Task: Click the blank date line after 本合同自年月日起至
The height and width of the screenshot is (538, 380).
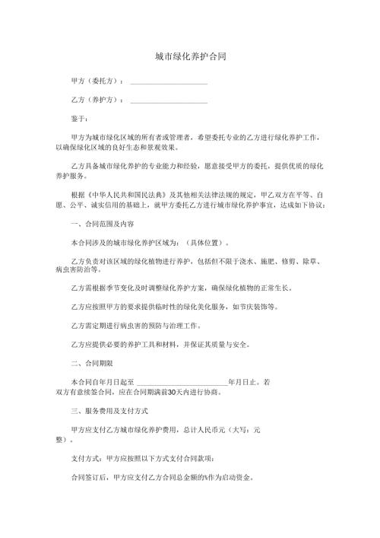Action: tap(181, 380)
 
